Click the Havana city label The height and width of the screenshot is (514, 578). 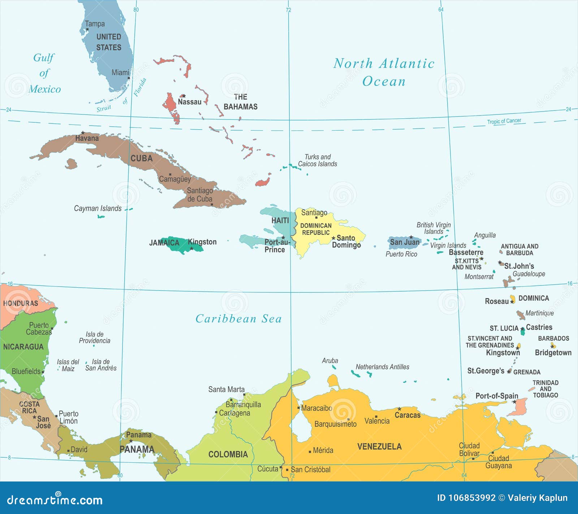point(87,138)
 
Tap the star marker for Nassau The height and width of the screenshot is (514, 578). point(184,96)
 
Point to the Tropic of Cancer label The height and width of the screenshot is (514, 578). point(504,121)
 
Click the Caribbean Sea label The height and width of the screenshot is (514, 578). point(238,319)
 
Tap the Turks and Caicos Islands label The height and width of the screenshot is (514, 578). point(317,160)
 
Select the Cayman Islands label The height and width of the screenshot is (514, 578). point(98,208)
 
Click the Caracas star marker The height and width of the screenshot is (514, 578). point(399,409)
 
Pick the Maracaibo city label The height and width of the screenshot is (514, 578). point(316,408)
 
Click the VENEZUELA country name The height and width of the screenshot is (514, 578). point(379,447)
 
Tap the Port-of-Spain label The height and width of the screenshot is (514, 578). point(496,396)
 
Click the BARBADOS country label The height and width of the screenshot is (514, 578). point(553,338)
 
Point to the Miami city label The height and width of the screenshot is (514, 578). point(120,73)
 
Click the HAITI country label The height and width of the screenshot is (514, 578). point(280,220)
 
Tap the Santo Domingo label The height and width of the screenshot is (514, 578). point(346,241)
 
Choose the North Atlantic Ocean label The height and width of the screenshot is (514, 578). point(384,72)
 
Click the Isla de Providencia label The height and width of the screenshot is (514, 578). point(95,337)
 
